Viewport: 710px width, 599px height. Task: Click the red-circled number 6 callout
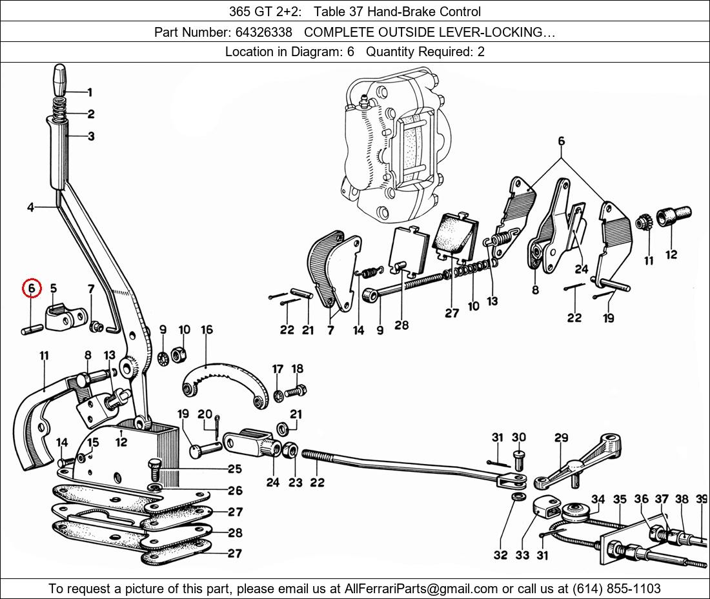32,289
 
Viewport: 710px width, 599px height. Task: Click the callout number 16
207,330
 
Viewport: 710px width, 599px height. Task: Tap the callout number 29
561,438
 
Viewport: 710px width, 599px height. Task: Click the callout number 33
522,554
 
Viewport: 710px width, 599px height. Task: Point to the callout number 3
91,137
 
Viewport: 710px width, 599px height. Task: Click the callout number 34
598,499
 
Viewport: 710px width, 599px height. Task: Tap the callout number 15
93,442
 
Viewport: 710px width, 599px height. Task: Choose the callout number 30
519,438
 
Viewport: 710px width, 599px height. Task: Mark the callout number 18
297,369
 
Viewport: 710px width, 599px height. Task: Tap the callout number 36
641,499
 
